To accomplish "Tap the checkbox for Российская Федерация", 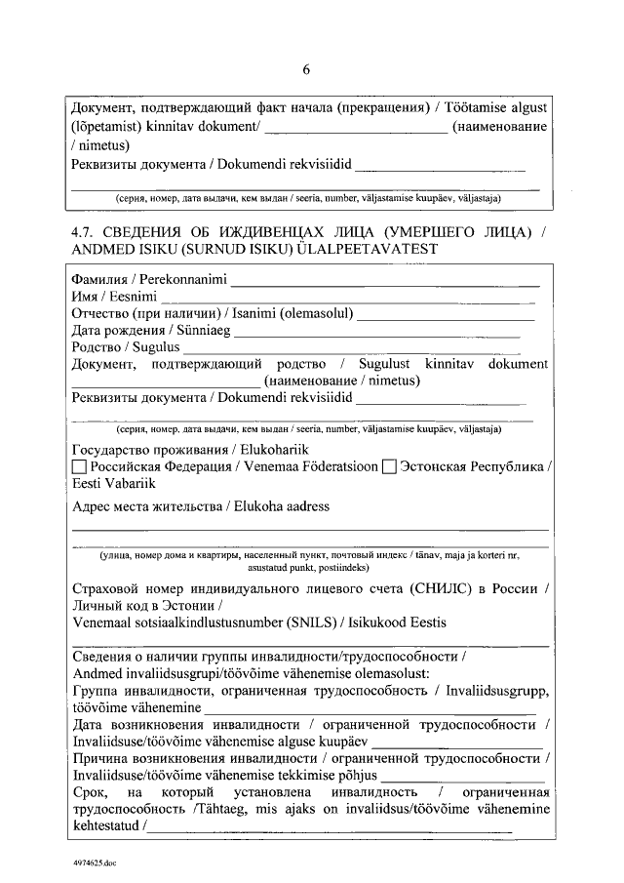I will pyautogui.click(x=80, y=467).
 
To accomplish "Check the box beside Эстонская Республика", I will pyautogui.click(x=389, y=467).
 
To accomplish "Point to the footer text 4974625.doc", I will pyautogui.click(x=94, y=863).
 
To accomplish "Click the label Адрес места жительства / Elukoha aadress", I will pyautogui.click(x=201, y=506).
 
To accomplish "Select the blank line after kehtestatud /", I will pyautogui.click(x=331, y=829).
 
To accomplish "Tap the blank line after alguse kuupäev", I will pyautogui.click(x=458, y=745).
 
